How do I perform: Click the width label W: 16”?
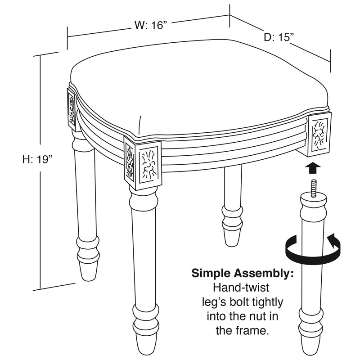coord(150,25)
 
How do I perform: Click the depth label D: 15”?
coord(279,37)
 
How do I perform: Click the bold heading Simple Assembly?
coord(243,273)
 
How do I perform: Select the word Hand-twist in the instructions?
coord(241,288)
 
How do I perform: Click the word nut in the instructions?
coord(254,316)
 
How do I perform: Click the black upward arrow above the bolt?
coord(312,168)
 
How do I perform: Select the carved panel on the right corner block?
coord(319,135)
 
